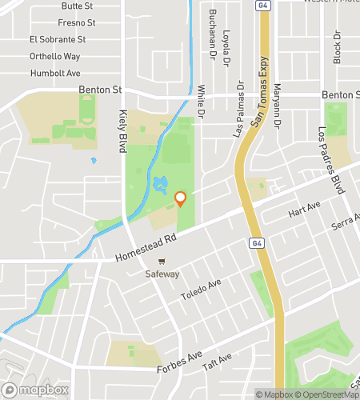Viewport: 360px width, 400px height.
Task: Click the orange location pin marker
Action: click(x=180, y=198)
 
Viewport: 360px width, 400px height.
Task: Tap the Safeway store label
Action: click(x=162, y=274)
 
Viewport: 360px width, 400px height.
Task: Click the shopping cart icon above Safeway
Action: click(x=162, y=261)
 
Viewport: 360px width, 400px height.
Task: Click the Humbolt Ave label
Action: click(x=55, y=73)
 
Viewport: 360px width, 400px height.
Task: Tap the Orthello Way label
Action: click(x=54, y=56)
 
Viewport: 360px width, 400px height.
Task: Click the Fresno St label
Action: click(x=77, y=22)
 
